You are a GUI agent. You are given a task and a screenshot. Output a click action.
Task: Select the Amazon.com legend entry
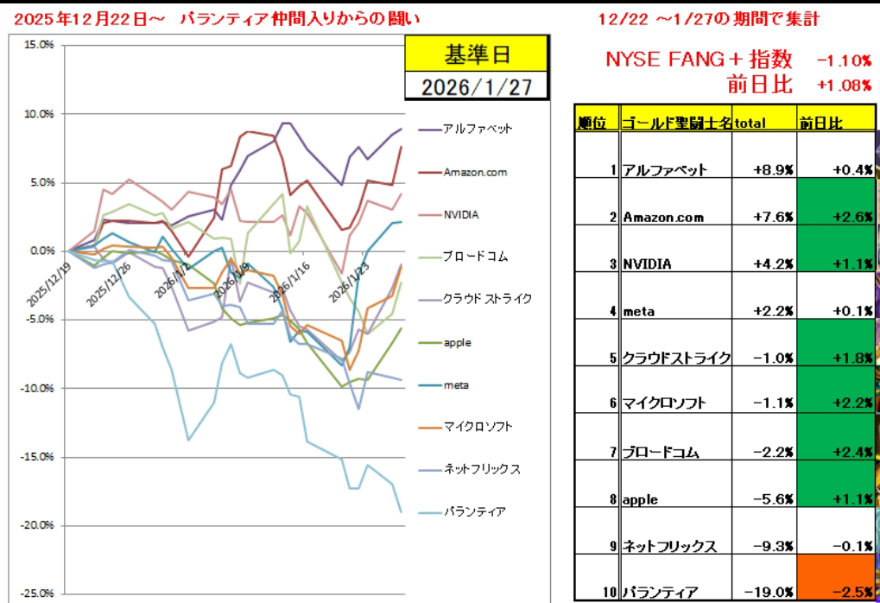pos(475,172)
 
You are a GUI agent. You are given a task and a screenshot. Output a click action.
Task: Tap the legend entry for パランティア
pos(473,511)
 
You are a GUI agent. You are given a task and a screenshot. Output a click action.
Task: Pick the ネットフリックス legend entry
pos(479,469)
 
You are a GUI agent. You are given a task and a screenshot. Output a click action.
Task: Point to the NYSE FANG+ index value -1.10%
pos(843,60)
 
